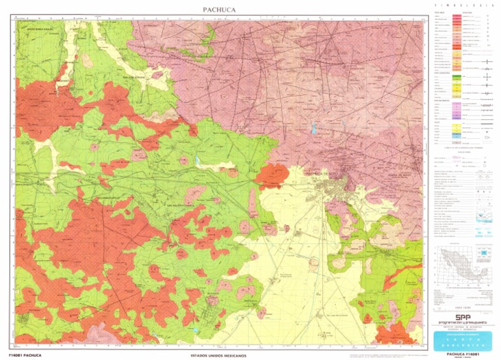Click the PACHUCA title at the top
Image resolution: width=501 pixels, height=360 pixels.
(219, 9)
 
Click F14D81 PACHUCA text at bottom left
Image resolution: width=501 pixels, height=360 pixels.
(22, 355)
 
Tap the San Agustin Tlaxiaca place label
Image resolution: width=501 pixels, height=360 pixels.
(183, 209)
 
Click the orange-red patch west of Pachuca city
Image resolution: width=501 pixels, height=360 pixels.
(272, 174)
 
